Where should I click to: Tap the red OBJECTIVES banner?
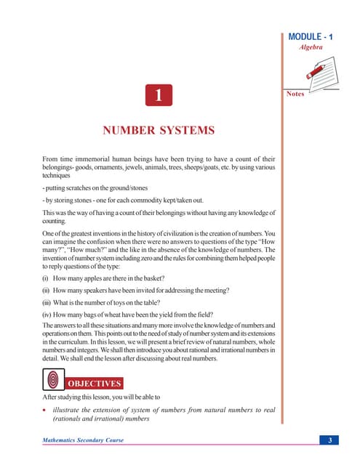coord(95,383)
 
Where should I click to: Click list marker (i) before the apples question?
coord(47,279)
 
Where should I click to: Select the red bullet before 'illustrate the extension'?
coord(45,411)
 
